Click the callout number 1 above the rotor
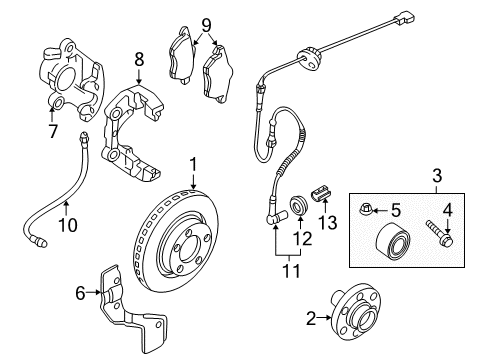(x=193, y=165)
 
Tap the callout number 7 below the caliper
(x=53, y=131)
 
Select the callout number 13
(x=328, y=222)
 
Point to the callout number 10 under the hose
(x=68, y=224)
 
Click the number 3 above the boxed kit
(x=437, y=175)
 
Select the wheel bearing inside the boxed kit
(x=393, y=239)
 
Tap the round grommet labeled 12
(x=299, y=205)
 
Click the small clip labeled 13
(x=322, y=193)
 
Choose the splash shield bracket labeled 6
(x=130, y=310)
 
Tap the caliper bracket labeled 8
(x=130, y=133)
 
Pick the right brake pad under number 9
(x=218, y=72)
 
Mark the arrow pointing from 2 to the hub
(x=323, y=318)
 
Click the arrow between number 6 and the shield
(x=93, y=292)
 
